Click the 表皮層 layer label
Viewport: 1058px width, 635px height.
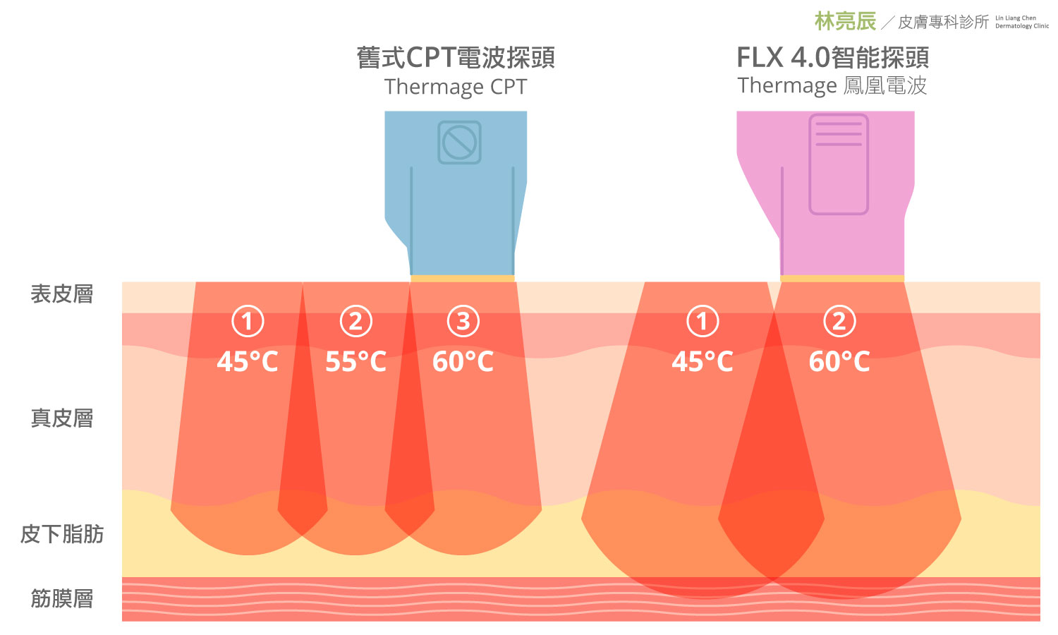(x=62, y=294)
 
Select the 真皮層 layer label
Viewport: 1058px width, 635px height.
(x=62, y=418)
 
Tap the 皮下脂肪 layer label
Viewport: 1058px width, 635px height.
(x=62, y=534)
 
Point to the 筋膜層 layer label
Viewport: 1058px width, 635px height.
(x=62, y=599)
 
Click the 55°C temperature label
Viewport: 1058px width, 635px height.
(x=355, y=362)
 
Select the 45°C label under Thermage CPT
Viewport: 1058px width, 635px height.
(x=248, y=362)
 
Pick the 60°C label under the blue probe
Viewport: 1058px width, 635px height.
(x=463, y=362)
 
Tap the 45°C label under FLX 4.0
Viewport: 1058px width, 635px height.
(x=703, y=362)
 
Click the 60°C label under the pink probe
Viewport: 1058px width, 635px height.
(x=839, y=362)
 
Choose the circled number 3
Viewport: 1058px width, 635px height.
(x=463, y=322)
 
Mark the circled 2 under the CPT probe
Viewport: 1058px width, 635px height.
(x=355, y=322)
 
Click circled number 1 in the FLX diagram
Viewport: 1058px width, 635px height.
(x=703, y=322)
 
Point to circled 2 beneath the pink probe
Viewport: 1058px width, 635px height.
(x=839, y=322)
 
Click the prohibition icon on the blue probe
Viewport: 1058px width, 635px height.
(x=459, y=143)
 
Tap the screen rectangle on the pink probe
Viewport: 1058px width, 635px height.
(x=839, y=164)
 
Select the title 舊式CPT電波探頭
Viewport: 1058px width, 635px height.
(x=456, y=58)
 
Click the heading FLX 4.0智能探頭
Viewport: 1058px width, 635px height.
(x=832, y=57)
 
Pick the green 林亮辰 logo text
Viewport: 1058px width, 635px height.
(x=845, y=21)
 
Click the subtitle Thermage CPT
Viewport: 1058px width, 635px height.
(x=456, y=87)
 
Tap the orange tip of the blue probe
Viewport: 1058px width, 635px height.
(x=463, y=279)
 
